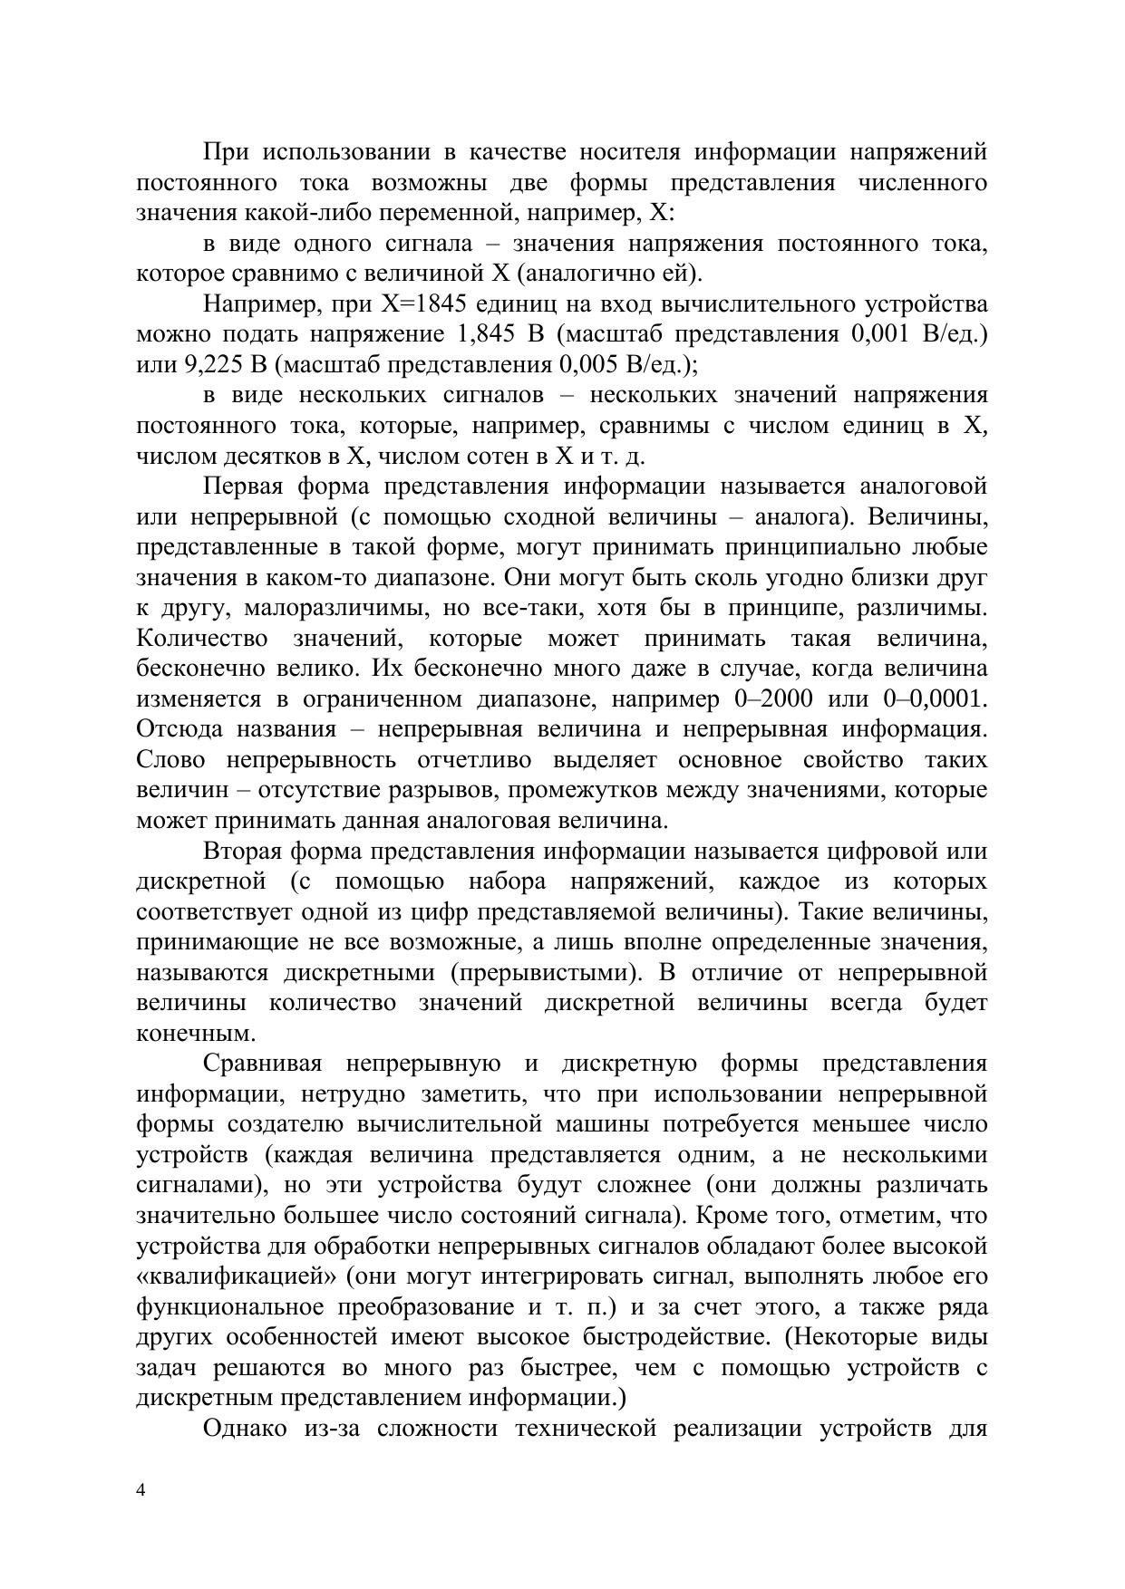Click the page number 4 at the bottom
(141, 1490)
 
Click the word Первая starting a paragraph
(242, 486)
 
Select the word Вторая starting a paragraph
(242, 852)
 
